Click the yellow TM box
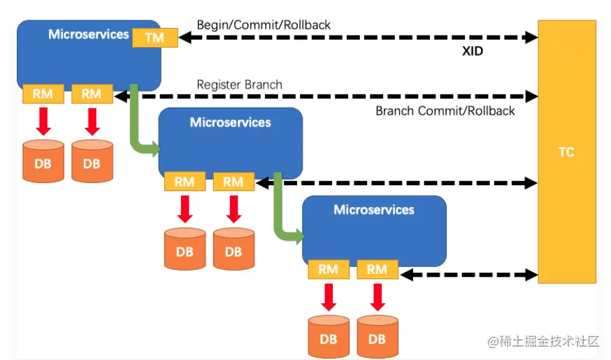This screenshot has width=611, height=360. [x=154, y=38]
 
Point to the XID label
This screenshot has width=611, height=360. [x=473, y=51]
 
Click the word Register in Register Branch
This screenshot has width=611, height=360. [x=218, y=85]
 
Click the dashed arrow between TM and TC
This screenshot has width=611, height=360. [x=357, y=38]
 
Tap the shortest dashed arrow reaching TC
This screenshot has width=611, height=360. [x=468, y=275]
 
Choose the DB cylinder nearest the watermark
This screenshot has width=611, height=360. [x=377, y=337]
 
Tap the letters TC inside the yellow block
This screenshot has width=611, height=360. [x=566, y=152]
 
